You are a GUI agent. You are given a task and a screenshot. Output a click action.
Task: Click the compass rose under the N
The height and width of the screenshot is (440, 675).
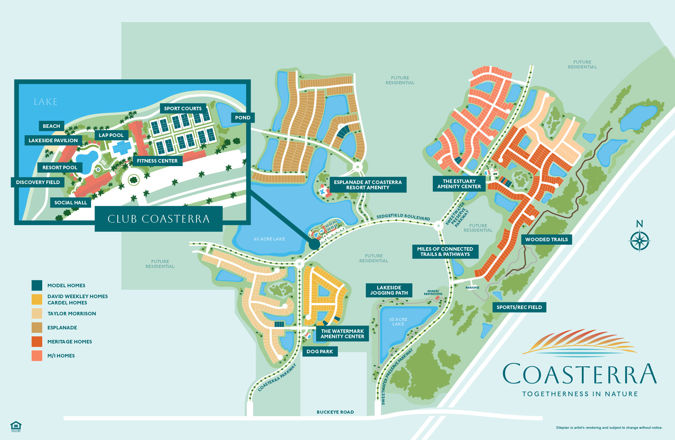click(x=639, y=241)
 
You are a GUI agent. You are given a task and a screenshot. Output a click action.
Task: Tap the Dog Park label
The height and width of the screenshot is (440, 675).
click(x=320, y=352)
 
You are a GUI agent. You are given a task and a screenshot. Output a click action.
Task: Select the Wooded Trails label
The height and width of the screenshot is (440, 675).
click(x=546, y=239)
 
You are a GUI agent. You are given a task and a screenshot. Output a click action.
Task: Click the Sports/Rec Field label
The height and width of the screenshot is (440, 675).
click(x=519, y=307)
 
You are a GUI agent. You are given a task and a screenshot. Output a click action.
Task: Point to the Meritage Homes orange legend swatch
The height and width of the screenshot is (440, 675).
click(x=37, y=342)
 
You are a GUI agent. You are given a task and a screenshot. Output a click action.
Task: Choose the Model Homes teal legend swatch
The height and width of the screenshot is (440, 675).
click(x=37, y=285)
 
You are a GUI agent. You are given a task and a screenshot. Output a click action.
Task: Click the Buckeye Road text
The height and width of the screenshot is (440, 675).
click(x=335, y=412)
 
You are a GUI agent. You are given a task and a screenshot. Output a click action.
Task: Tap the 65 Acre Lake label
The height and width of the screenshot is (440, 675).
click(x=269, y=239)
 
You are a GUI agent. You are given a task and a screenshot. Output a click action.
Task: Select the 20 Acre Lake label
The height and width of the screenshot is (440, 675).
click(x=398, y=322)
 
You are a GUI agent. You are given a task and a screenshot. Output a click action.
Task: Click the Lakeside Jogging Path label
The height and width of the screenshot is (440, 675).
click(x=389, y=290)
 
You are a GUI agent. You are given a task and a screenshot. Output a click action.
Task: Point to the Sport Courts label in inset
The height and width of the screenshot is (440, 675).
click(x=183, y=109)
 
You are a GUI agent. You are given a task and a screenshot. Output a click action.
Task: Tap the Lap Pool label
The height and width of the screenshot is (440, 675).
click(x=111, y=135)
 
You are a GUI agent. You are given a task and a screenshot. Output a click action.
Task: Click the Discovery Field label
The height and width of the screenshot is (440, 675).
click(x=38, y=182)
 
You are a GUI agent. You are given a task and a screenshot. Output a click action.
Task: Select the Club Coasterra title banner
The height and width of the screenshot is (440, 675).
click(x=159, y=219)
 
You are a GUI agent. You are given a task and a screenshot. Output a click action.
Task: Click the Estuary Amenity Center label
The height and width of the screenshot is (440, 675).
click(x=459, y=184)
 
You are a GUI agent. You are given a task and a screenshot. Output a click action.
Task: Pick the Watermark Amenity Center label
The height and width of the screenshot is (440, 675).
click(x=342, y=334)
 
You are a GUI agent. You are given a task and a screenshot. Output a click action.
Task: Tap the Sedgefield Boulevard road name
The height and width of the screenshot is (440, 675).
click(x=403, y=217)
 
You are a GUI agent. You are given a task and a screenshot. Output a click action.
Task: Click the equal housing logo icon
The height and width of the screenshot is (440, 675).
click(x=16, y=426)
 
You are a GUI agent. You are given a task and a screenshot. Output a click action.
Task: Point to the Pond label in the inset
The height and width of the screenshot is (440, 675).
click(x=243, y=118)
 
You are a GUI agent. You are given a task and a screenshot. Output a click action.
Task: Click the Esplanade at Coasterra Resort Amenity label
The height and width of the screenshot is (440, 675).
click(x=367, y=185)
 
